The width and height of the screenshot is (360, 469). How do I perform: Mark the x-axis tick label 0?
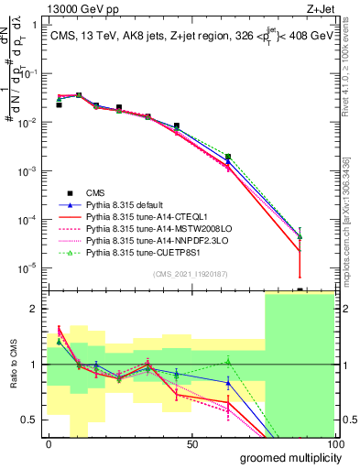click(x=49, y=443)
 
